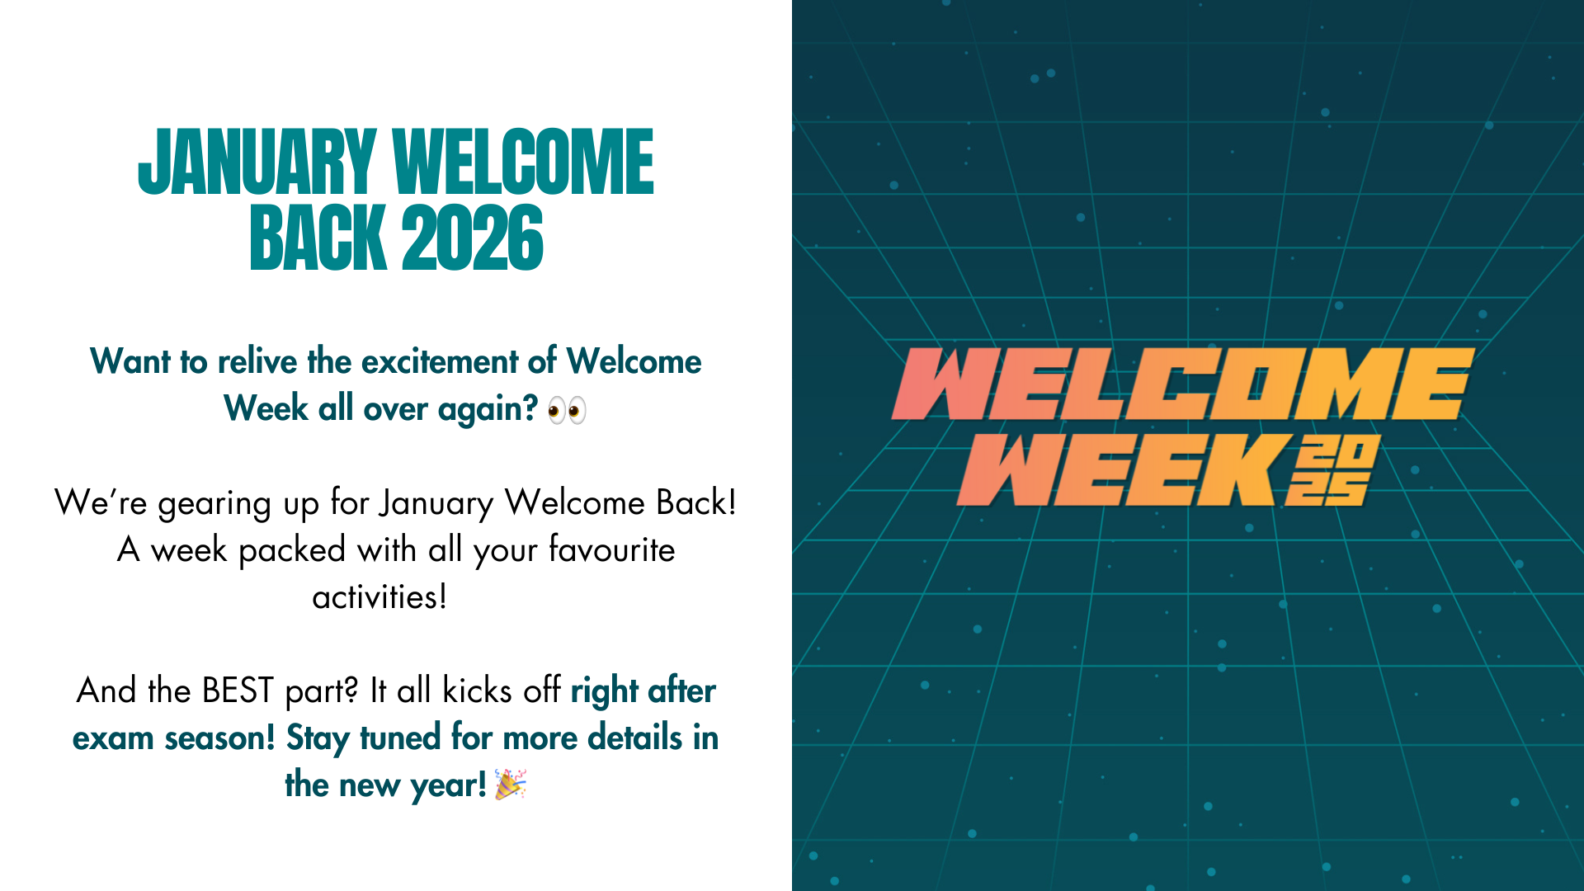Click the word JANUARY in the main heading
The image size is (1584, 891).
257,163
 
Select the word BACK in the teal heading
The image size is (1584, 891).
318,238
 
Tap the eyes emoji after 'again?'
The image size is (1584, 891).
567,410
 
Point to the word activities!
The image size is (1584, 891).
379,596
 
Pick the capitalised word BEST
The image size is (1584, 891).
238,691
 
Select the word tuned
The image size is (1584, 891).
400,738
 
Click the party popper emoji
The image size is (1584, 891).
511,785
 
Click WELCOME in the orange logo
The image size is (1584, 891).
1182,384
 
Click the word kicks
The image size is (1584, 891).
478,691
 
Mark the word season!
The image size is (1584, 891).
219,738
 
